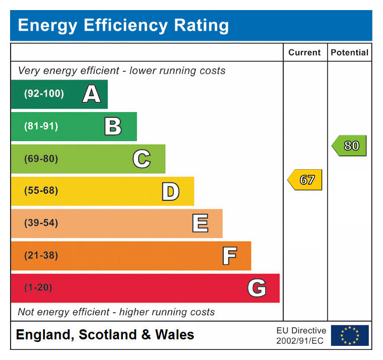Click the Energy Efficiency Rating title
coord(123,25)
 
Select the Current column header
coord(304,52)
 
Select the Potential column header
coord(349,52)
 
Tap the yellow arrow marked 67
coord(305,180)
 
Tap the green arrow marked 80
coord(350,146)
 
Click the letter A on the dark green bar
coord(91,94)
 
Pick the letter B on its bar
coord(113,126)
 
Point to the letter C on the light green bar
coord(142,159)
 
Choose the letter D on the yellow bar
coord(170,191)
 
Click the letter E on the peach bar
coord(200,224)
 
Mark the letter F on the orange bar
coord(229,256)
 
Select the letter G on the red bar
coord(257,288)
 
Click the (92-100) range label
coord(44,94)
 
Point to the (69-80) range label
coord(41,159)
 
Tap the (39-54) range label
coord(41,224)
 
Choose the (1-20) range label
coord(38,288)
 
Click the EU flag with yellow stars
coord(350,335)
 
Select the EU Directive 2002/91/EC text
coord(301,336)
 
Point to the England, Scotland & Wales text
coord(105,335)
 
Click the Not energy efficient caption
coord(116,312)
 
